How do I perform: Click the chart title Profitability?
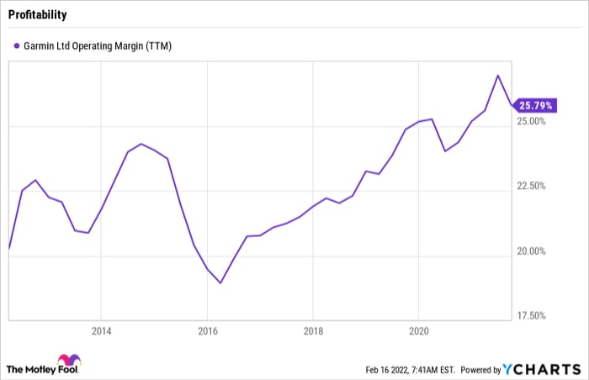pos(37,15)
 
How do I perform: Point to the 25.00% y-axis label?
pos(531,122)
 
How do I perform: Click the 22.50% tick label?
pos(531,187)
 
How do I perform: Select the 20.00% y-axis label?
pos(531,251)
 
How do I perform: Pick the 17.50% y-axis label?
pos(531,316)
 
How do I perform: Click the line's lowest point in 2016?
pos(220,282)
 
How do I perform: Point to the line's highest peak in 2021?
pos(498,75)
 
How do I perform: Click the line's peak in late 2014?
pos(141,144)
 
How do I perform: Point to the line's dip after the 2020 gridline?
pos(444,150)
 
